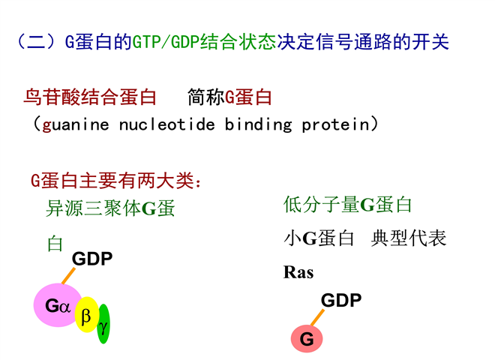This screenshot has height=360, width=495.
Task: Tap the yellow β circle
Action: pos(86,315)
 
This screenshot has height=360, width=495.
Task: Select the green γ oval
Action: pos(103,324)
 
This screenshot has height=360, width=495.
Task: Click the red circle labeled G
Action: pos(307,339)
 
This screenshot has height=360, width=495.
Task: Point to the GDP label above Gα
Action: pos(91,259)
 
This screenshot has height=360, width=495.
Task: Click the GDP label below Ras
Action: pos(341,300)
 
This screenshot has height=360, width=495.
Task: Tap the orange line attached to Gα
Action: pos(68,276)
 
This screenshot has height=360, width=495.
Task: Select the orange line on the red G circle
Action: pos(317,317)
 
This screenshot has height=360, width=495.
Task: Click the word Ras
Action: pos(298,272)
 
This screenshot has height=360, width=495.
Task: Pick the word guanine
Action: pos(76,124)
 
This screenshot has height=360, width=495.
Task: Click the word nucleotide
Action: pos(167,124)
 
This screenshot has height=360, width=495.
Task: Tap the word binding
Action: pos(258,124)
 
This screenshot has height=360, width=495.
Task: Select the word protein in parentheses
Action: pos(335,124)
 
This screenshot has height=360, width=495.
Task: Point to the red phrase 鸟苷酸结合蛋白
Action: pos(90,97)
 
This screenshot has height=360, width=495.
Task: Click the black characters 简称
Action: pos(205,97)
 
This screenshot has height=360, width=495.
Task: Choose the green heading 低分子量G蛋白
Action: pos(347,205)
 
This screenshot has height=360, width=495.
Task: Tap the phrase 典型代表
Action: pos(409,238)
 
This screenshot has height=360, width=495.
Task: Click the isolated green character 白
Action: pos(55,244)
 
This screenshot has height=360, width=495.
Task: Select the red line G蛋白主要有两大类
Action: pos(115,181)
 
